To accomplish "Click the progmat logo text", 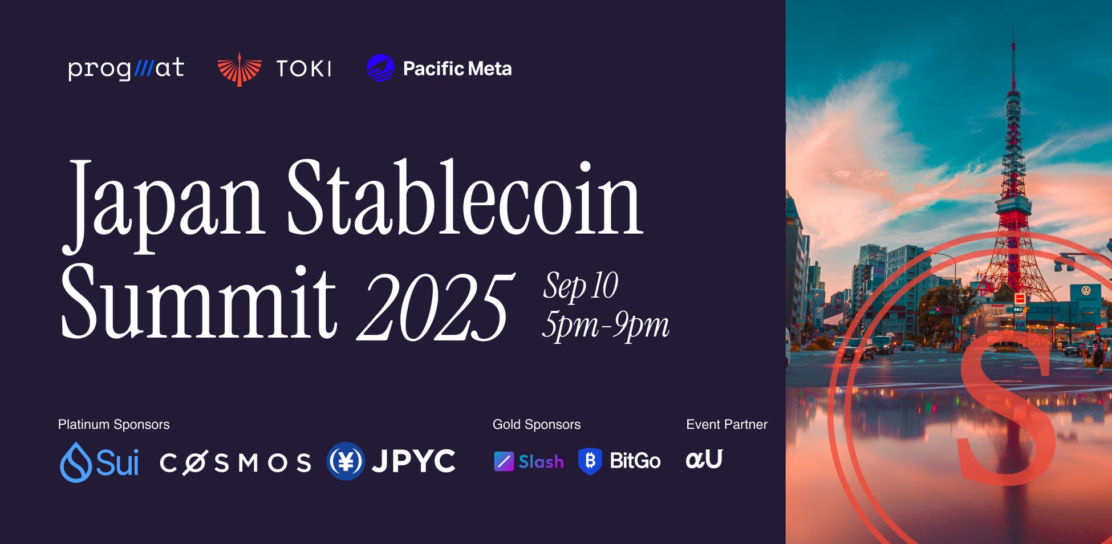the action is pyautogui.click(x=126, y=68).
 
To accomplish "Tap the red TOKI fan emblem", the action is pyautogui.click(x=240, y=69).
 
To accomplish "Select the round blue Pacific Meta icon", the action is pyautogui.click(x=380, y=68).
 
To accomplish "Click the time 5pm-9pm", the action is pyautogui.click(x=606, y=326).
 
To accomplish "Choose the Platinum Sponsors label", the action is pyautogui.click(x=113, y=424).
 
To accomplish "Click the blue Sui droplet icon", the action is pyautogui.click(x=76, y=462).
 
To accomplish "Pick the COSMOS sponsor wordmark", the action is pyautogui.click(x=236, y=462).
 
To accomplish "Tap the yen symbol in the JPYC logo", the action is pyautogui.click(x=346, y=461).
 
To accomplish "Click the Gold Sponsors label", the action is pyautogui.click(x=537, y=424).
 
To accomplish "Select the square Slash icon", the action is pyautogui.click(x=504, y=461).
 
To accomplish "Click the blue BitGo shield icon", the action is pyautogui.click(x=590, y=461).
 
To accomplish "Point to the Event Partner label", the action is pyautogui.click(x=727, y=424).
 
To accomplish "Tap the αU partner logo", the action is pyautogui.click(x=704, y=459).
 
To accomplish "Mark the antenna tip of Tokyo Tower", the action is pyautogui.click(x=1013, y=30).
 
